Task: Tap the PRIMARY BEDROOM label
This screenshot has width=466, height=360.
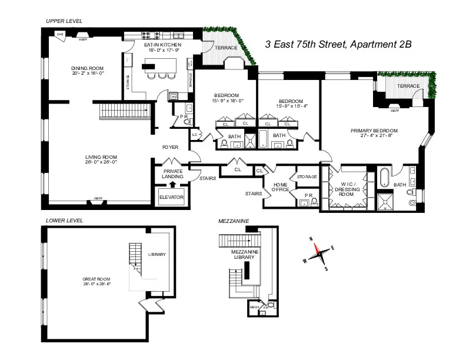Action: click(x=374, y=131)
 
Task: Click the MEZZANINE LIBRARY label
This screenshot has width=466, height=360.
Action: click(x=244, y=254)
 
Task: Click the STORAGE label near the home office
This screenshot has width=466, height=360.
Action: click(x=307, y=176)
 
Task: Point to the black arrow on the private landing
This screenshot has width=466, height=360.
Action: click(x=172, y=184)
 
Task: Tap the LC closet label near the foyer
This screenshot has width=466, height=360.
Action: click(x=195, y=135)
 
